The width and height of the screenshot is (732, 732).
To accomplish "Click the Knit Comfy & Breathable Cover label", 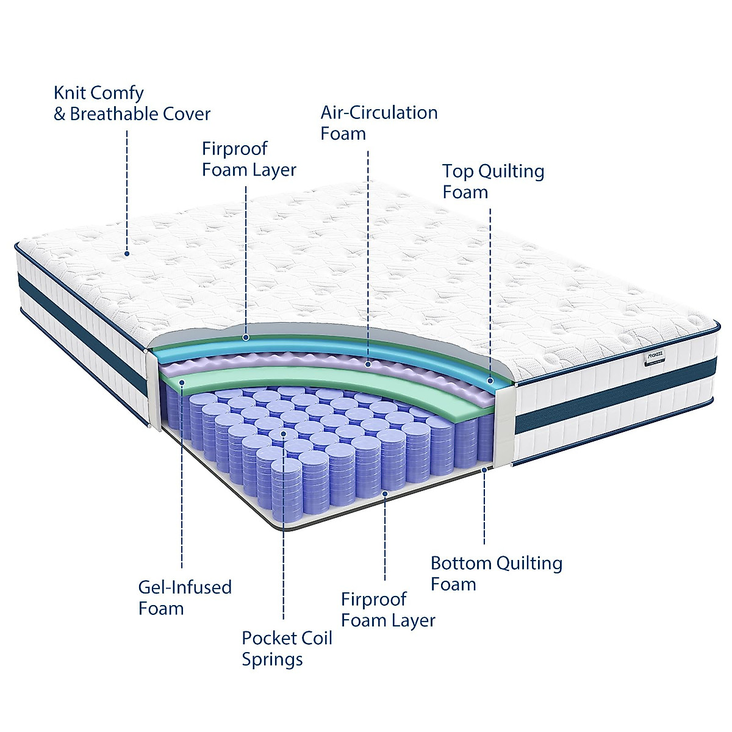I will coord(132,104).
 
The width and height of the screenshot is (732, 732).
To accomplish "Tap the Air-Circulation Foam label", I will coord(379,123).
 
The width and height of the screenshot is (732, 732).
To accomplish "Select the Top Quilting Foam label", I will coord(493,181).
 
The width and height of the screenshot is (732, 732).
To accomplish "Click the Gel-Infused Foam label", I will coord(185,598).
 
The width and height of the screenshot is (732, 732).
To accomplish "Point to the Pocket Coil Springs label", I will coord(287,648).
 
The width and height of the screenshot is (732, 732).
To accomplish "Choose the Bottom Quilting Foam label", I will coord(496,573).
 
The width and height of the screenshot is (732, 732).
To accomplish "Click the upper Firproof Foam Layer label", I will coord(249,159).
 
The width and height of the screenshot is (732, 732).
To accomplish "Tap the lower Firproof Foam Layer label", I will coord(388,609).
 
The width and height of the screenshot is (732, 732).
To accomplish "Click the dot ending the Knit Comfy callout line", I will coord(127,253).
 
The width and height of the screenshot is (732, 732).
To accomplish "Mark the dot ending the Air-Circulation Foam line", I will coord(368,364).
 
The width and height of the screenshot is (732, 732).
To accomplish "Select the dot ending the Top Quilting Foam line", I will coord(490,381).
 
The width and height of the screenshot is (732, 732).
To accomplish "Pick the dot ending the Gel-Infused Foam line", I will coord(182,382).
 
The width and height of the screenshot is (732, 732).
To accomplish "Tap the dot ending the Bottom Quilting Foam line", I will coord(484,470).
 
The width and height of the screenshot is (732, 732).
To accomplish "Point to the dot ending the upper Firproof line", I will coord(246,337).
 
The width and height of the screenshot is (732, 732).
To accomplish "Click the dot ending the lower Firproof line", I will coord(385,491).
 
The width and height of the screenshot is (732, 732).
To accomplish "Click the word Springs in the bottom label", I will coord(272,659).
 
